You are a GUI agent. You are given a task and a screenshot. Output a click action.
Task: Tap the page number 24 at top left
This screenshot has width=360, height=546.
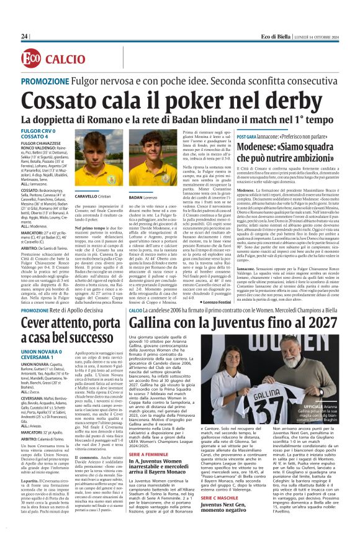25,37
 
